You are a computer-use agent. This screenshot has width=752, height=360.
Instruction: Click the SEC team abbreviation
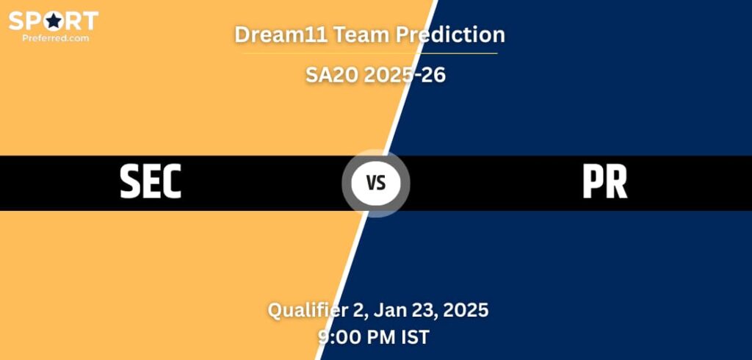coord(151,181)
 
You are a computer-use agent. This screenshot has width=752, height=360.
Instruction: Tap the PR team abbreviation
coord(604,181)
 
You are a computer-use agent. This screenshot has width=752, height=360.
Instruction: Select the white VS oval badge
coord(375,182)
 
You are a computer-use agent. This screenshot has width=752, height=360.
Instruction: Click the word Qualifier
coord(307,310)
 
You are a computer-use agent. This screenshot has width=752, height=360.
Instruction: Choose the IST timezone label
coord(416,337)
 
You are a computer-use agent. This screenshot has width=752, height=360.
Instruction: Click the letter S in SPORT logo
coord(17,21)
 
